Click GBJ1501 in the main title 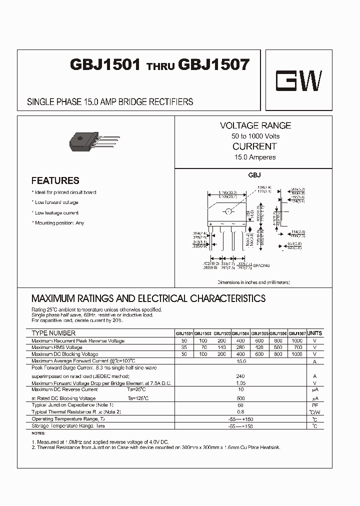(x=105, y=65)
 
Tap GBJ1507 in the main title (x=214, y=65)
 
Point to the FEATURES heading (x=55, y=180)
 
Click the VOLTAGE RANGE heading (x=255, y=125)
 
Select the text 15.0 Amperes (x=255, y=157)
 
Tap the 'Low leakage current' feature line (x=57, y=212)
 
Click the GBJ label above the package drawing (x=255, y=176)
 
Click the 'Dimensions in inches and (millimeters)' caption (x=254, y=282)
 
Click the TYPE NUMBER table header (x=53, y=333)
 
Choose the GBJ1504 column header (x=240, y=333)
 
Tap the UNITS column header (x=314, y=333)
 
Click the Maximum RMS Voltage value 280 (x=240, y=347)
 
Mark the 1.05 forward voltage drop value (x=241, y=383)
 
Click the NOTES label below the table (x=38, y=433)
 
